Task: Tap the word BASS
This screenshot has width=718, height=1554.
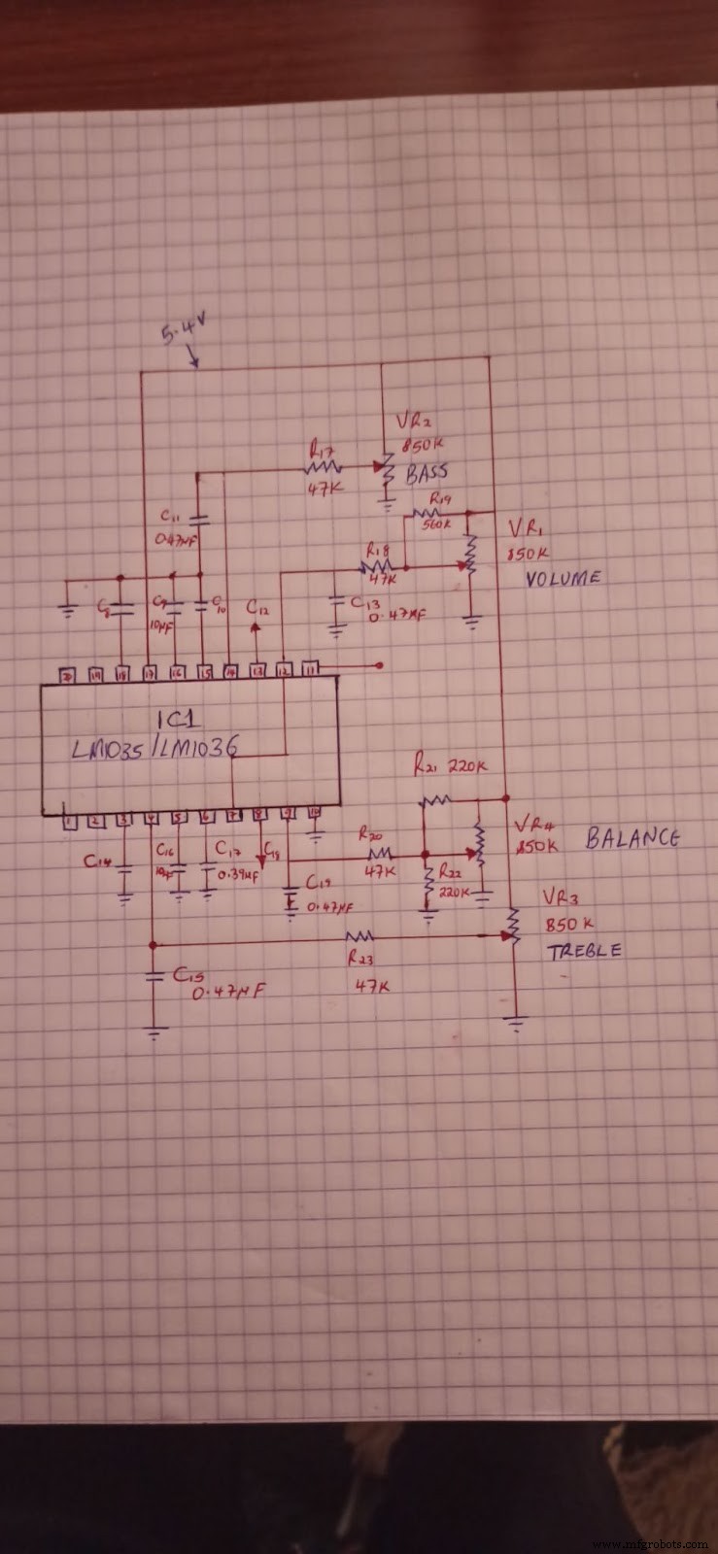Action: (x=427, y=473)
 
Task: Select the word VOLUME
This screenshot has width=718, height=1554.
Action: (x=563, y=578)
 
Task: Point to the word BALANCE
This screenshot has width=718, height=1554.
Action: (x=632, y=838)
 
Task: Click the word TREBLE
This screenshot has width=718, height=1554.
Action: (x=584, y=951)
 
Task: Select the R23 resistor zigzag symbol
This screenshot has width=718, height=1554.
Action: (x=360, y=937)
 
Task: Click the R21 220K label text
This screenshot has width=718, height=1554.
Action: (x=449, y=767)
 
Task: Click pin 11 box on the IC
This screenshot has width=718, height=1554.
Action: (x=309, y=668)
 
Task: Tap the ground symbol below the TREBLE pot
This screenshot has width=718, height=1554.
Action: (x=514, y=1023)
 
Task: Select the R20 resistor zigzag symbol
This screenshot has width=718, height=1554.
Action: (x=379, y=855)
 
